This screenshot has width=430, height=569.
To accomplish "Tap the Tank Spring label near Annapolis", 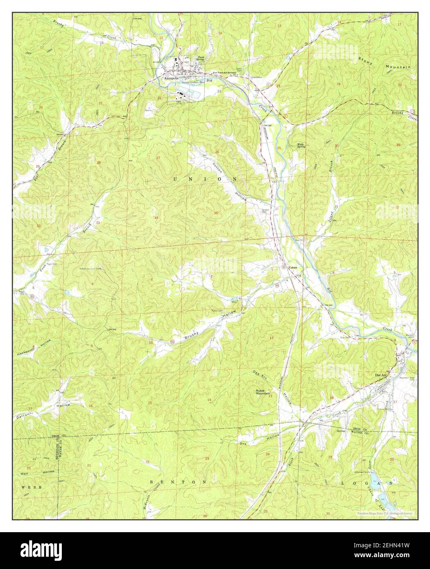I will pos(200,59).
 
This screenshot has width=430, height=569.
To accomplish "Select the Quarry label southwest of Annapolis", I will pos(148,110).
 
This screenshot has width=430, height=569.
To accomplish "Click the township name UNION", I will pos(205,179).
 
